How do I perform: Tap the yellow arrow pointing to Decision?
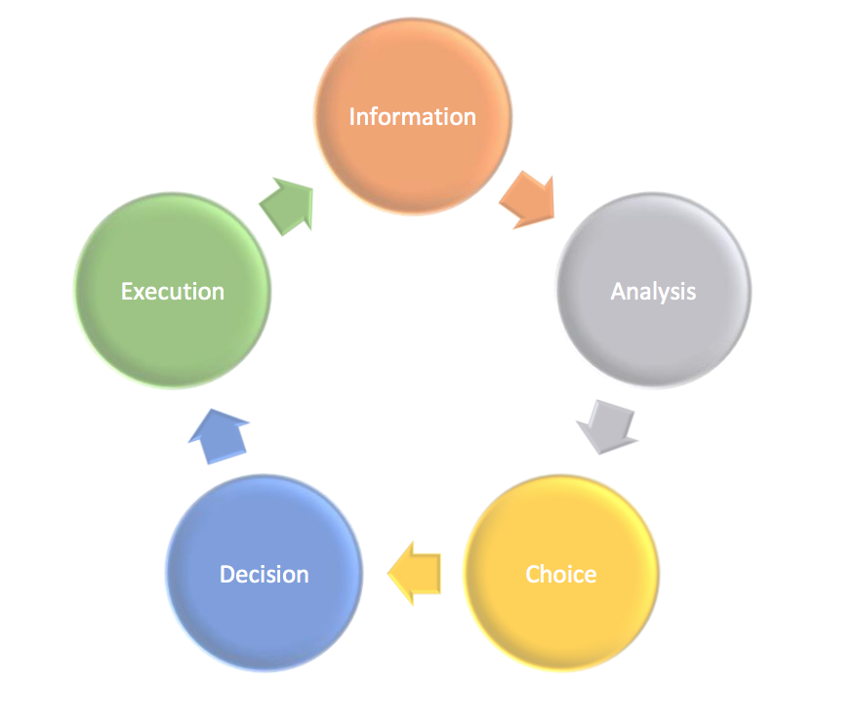tap(415, 571)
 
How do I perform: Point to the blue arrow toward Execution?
tap(218, 436)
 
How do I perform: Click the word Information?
tap(412, 117)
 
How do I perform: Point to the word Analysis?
tap(653, 291)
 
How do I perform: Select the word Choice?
tap(560, 574)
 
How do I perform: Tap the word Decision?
tap(264, 575)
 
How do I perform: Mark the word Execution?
tap(173, 291)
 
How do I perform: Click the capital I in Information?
tap(352, 117)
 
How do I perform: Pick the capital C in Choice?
tap(533, 574)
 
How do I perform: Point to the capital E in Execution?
tap(126, 291)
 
